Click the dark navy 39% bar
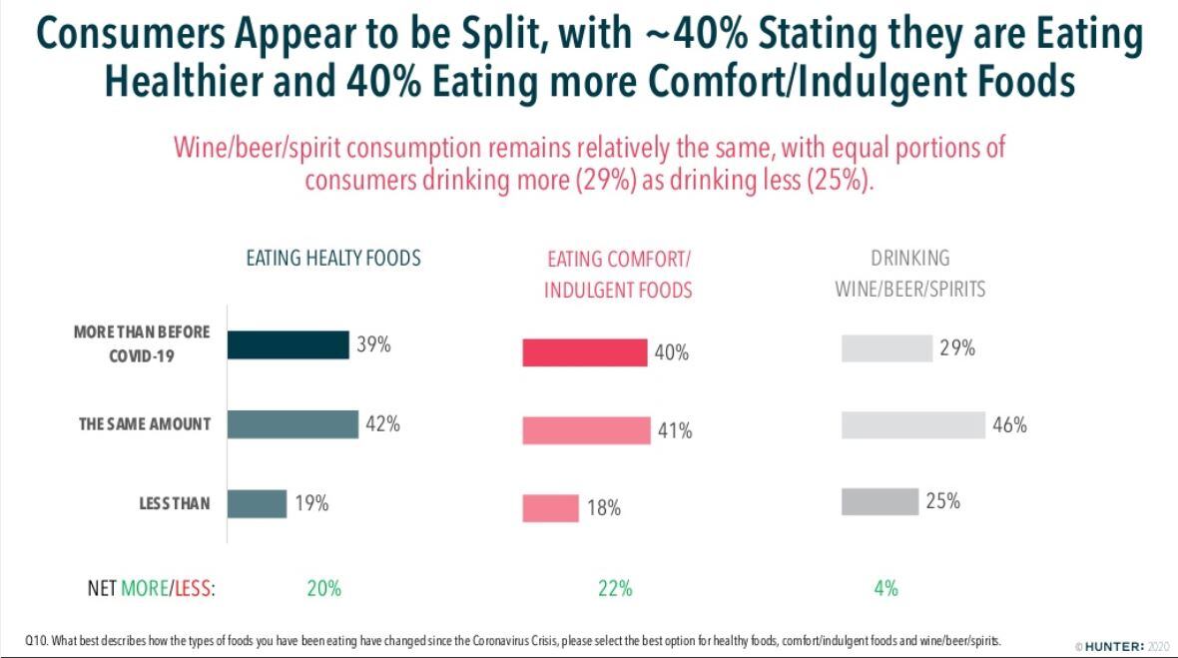288,344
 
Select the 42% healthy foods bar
292,424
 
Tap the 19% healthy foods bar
257,503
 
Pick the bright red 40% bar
584,352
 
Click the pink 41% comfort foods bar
586,430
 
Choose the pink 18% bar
550,507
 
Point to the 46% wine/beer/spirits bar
912,424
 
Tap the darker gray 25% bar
880,501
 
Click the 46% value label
1009,425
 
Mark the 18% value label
604,508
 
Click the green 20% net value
323,589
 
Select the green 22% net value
615,589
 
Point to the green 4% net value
885,589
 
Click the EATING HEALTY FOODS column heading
333,259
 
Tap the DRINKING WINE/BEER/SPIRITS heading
909,274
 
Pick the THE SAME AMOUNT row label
145,424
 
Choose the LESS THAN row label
175,503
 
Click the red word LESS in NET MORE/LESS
194,589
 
